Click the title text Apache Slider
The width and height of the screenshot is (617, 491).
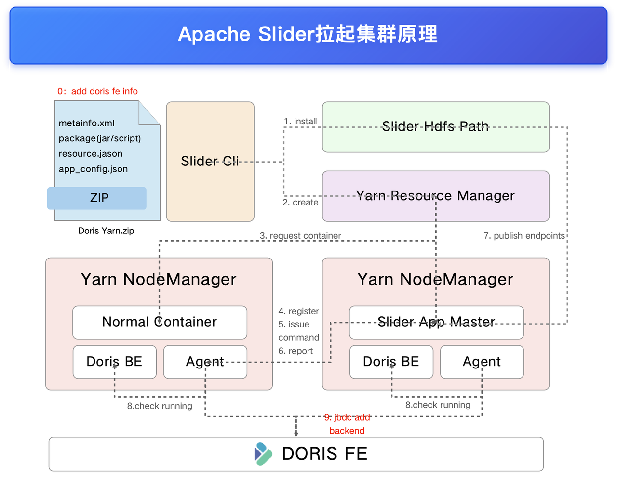[246, 34]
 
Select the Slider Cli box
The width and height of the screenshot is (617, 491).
[210, 162]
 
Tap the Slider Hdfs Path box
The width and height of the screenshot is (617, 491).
[435, 127]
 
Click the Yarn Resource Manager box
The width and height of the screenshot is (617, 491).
[435, 196]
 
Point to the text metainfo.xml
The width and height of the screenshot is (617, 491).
[87, 123]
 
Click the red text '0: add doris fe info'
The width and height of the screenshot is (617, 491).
[97, 91]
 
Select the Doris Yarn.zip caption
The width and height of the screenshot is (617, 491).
[106, 231]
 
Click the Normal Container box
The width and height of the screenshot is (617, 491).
[160, 322]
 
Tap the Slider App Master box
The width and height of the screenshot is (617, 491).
[436, 322]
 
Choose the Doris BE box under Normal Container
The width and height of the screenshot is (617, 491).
[114, 362]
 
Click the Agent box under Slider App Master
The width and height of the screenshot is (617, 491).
[482, 362]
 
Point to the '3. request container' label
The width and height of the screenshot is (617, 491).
[300, 235]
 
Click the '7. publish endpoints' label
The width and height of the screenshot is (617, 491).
[524, 235]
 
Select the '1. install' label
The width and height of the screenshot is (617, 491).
[300, 121]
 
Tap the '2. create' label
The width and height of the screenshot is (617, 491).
[300, 203]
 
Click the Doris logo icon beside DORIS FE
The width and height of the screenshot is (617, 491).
[263, 454]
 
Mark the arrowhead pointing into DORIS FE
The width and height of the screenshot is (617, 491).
[296, 434]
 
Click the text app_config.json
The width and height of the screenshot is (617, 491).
[93, 169]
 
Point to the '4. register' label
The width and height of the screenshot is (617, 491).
[298, 311]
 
